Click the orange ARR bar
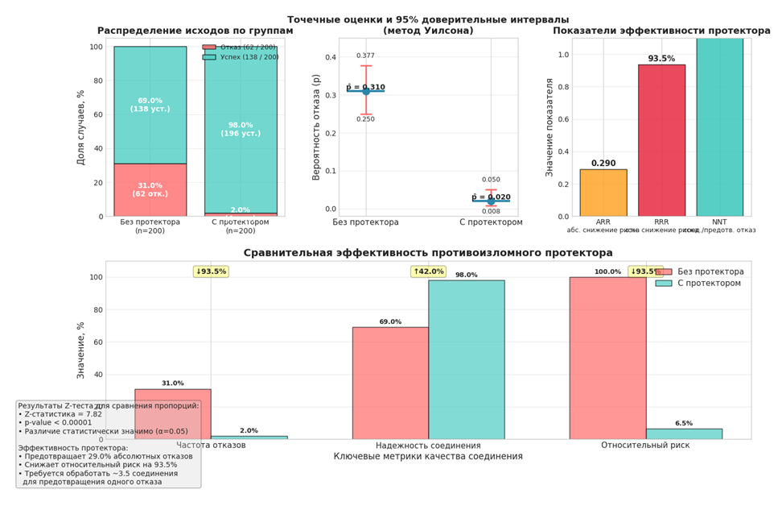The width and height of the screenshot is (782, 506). [x=603, y=193]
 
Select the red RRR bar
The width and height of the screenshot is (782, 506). [x=661, y=140]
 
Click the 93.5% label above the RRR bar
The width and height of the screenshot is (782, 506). [x=661, y=59]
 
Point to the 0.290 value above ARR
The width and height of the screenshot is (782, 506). [x=603, y=164]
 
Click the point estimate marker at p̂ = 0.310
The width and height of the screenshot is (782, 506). [x=366, y=91]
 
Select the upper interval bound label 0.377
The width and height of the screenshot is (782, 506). [x=366, y=56]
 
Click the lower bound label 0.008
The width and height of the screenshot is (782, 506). [x=491, y=212]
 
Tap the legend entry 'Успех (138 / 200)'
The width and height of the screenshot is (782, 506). [x=241, y=57]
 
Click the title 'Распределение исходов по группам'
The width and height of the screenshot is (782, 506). [x=195, y=31]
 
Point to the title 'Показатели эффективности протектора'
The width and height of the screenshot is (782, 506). [x=661, y=31]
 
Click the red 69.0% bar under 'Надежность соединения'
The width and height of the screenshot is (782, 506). [x=390, y=383]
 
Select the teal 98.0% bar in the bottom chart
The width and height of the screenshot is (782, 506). [x=467, y=359]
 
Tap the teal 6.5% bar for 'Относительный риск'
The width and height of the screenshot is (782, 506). [x=684, y=433]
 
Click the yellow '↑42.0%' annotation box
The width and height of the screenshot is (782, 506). [x=427, y=272]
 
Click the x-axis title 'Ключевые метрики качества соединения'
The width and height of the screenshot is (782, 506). [x=428, y=457]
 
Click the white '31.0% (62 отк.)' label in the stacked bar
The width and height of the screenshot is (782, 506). [x=150, y=190]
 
